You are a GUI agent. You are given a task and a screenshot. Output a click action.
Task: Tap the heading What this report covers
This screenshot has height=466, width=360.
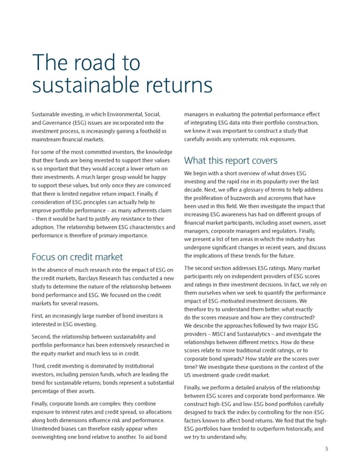click(230, 160)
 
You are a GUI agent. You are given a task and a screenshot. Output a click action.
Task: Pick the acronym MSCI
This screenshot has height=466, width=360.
click(231, 334)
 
